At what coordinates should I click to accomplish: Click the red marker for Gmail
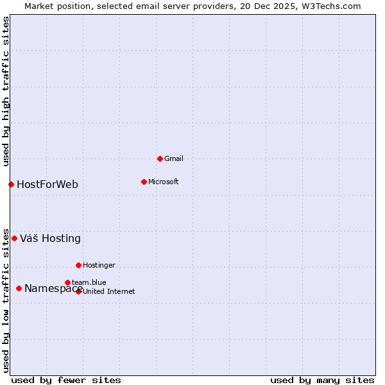160,158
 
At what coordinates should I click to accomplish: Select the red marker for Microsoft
144,182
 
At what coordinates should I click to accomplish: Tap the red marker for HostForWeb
11,184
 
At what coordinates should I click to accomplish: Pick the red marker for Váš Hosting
14,238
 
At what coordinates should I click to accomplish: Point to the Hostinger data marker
78,265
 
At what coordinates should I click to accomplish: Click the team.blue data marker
67,282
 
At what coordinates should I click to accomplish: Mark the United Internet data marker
79,291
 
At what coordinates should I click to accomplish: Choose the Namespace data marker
19,288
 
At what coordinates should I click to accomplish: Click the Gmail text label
174,158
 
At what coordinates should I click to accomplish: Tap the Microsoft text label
164,182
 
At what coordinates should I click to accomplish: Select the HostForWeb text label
47,185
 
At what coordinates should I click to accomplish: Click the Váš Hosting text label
50,239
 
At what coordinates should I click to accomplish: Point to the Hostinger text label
99,265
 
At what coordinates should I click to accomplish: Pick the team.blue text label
89,282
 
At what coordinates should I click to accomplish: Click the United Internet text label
109,291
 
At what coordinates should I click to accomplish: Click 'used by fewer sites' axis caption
66,380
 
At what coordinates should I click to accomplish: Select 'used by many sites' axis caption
322,380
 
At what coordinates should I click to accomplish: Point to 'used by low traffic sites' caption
6,300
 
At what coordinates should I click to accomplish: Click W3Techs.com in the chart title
332,6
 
